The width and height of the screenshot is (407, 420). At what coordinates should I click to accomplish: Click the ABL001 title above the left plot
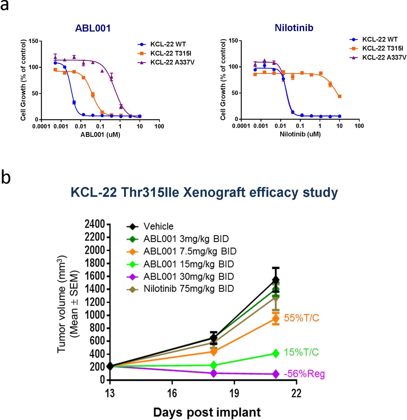(93, 28)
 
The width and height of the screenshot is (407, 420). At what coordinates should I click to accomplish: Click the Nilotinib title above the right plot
(294, 28)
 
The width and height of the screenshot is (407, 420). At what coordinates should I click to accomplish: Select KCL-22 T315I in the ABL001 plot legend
(171, 54)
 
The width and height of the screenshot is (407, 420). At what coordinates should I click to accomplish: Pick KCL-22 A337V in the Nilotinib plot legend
(384, 58)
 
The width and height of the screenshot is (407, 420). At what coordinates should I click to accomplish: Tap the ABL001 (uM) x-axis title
(100, 135)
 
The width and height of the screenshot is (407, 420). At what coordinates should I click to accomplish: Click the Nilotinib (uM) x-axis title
(300, 134)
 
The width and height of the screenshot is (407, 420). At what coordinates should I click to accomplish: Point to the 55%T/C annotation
(301, 318)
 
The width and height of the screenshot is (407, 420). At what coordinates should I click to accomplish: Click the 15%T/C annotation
(301, 352)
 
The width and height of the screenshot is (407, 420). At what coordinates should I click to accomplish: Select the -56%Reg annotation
(304, 374)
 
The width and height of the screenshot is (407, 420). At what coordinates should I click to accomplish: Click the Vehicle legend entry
(158, 226)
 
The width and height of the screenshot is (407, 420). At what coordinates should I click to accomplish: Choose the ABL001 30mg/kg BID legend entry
(189, 277)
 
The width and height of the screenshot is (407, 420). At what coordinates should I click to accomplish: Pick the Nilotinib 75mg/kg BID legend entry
(189, 289)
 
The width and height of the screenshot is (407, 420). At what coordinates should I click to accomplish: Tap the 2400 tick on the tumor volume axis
(95, 224)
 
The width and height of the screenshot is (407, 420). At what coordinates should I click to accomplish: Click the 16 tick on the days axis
(172, 393)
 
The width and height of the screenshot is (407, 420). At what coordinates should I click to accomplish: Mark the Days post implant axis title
(207, 412)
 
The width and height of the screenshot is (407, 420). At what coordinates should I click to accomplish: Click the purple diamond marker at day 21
(276, 374)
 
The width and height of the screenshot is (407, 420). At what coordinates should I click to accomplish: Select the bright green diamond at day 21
(276, 353)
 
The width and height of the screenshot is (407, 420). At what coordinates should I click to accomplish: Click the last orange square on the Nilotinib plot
(340, 96)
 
